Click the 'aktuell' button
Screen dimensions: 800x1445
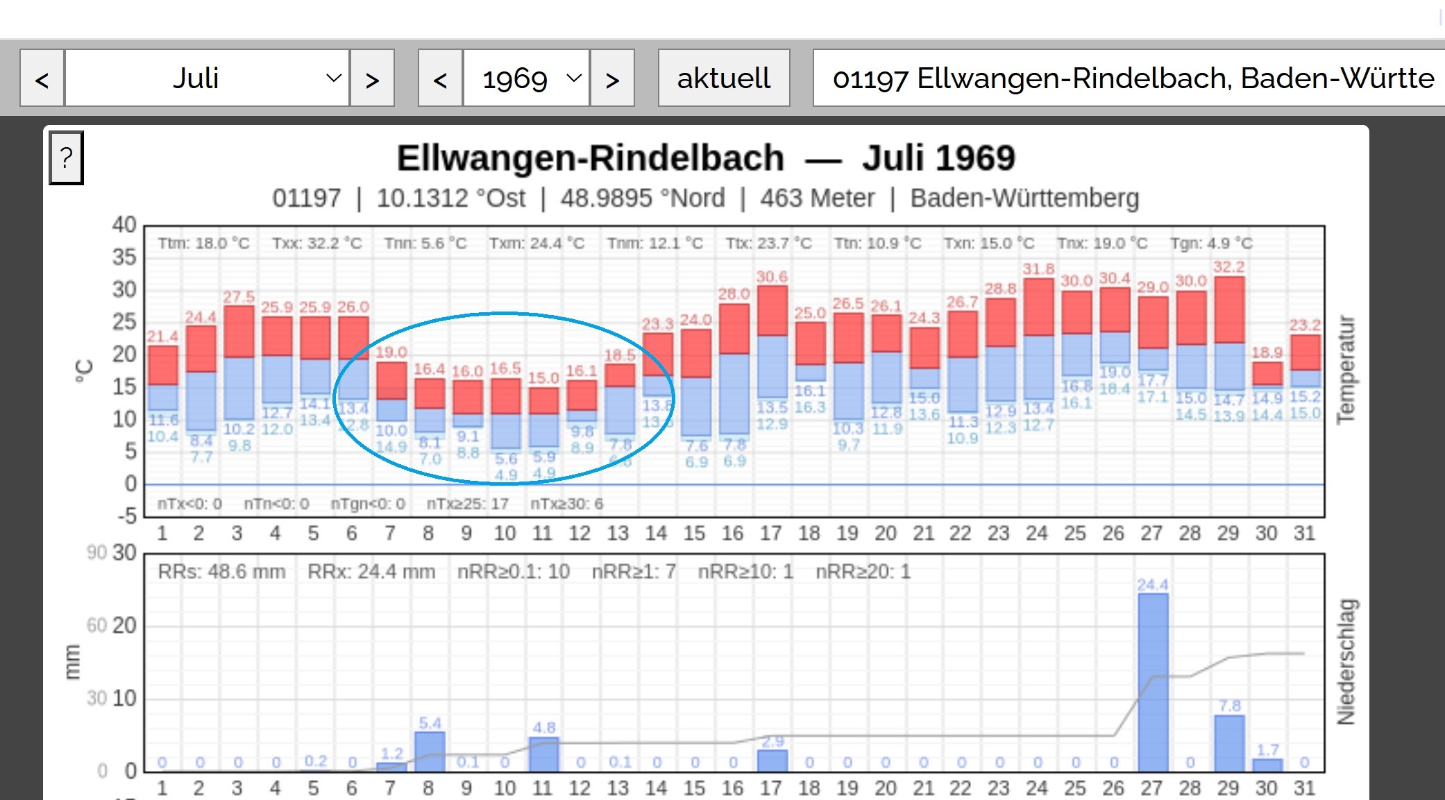click(x=723, y=78)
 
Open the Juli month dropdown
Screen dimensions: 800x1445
click(x=206, y=78)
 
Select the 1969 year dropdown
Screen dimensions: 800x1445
click(x=526, y=78)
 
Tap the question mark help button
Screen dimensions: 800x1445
click(x=66, y=158)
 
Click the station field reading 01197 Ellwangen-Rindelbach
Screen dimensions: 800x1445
click(x=1131, y=78)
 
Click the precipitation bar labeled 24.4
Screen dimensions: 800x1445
click(x=1152, y=682)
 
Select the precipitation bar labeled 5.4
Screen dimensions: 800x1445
click(x=430, y=751)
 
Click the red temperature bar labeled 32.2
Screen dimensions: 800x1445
click(x=1228, y=309)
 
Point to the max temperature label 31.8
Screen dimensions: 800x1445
click(x=1038, y=269)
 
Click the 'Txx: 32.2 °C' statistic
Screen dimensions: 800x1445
click(x=316, y=244)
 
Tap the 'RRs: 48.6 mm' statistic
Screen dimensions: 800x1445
click(x=221, y=572)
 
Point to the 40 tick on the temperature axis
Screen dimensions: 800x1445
click(x=124, y=225)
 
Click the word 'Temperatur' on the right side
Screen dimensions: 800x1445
click(x=1345, y=369)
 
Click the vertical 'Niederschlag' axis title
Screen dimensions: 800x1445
click(x=1345, y=661)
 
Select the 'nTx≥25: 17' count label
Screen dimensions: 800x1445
click(x=467, y=504)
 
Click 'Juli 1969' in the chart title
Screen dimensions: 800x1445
click(x=938, y=158)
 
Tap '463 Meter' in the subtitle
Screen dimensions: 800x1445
click(x=817, y=198)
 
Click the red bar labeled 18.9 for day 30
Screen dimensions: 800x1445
click(x=1267, y=373)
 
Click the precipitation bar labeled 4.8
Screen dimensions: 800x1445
click(x=543, y=754)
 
